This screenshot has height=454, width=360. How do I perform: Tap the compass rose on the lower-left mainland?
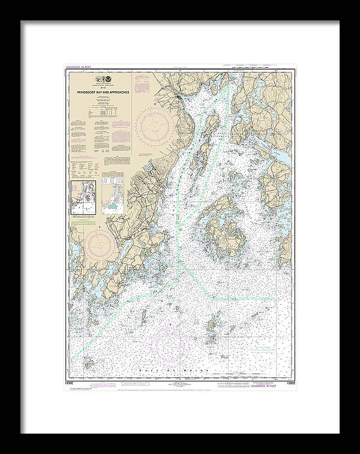101,246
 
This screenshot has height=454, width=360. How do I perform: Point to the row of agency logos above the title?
103,80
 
